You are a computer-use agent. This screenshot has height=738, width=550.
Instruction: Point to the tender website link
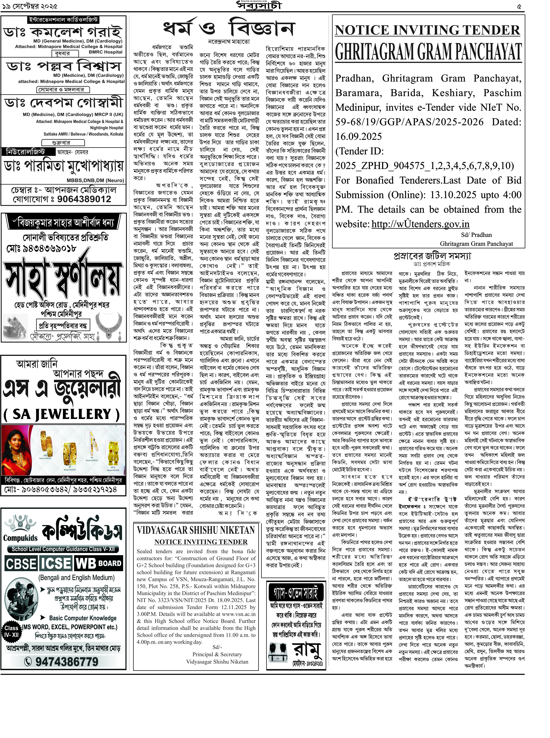pos(420,224)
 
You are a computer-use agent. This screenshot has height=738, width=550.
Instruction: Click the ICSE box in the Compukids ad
pos(56,564)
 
